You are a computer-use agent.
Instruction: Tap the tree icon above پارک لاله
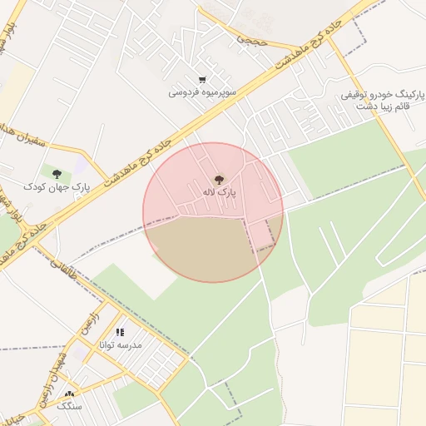tap(220, 179)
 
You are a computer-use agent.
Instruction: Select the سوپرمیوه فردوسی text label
tap(202, 92)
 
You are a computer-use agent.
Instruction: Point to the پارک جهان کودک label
tap(57, 186)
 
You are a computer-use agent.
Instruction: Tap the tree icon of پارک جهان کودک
tap(57, 174)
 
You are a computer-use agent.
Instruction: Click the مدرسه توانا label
tap(121, 344)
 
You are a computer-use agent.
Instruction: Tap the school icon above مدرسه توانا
tap(121, 332)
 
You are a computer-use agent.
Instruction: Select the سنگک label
tap(70, 406)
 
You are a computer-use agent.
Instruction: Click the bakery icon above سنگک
tap(70, 394)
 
